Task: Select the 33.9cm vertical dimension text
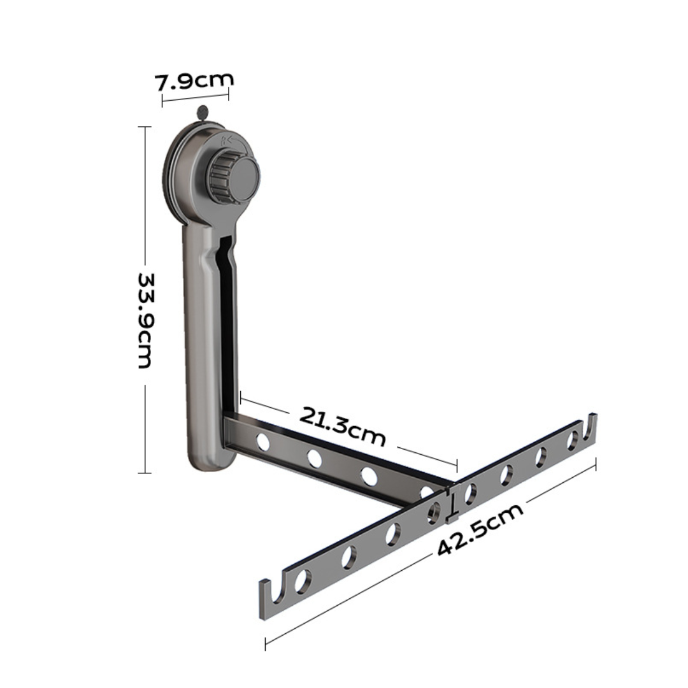click(x=145, y=321)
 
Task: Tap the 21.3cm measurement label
click(x=343, y=425)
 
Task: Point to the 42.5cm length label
click(x=481, y=529)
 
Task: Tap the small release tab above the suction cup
click(x=203, y=113)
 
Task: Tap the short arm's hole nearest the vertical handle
click(x=262, y=441)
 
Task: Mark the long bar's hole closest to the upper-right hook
click(x=573, y=439)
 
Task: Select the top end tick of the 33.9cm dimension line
click(x=145, y=127)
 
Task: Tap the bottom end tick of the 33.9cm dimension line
click(x=145, y=473)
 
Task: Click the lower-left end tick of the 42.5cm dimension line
click(x=265, y=643)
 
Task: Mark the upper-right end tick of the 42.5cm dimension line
click(x=595, y=463)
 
